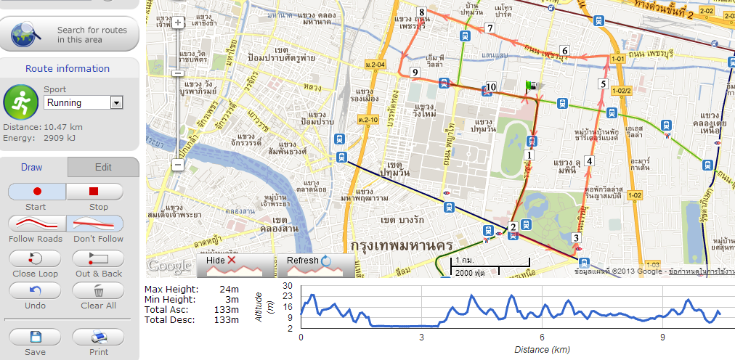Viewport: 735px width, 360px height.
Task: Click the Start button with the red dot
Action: [x=36, y=192]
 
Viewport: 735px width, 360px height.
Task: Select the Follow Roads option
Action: [x=36, y=224]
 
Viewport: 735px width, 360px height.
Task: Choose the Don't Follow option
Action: [x=94, y=224]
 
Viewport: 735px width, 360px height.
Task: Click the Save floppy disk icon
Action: [x=35, y=337]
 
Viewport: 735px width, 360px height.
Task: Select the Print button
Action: [x=98, y=337]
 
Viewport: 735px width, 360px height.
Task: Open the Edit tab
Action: [x=103, y=167]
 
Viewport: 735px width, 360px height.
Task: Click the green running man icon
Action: [x=20, y=102]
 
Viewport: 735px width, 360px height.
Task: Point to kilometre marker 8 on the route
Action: [x=421, y=12]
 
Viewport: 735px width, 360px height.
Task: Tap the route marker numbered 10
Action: [x=490, y=87]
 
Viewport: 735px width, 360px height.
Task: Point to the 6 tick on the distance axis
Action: [x=542, y=337]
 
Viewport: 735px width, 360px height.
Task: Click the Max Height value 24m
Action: [x=229, y=290]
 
